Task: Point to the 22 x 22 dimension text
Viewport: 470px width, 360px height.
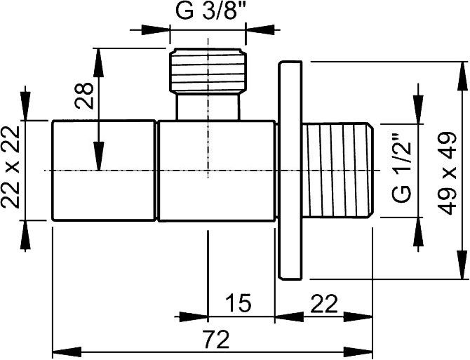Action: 10,166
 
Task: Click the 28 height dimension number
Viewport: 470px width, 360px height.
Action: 84,95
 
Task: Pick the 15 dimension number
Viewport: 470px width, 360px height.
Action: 239,302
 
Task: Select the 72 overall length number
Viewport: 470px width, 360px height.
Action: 215,339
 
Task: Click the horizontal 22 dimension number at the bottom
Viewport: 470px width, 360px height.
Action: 324,303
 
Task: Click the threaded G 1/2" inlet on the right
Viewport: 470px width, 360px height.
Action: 338,170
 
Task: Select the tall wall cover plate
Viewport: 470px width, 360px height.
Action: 290,171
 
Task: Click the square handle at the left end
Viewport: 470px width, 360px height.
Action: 104,171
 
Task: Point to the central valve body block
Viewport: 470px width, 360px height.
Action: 217,171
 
